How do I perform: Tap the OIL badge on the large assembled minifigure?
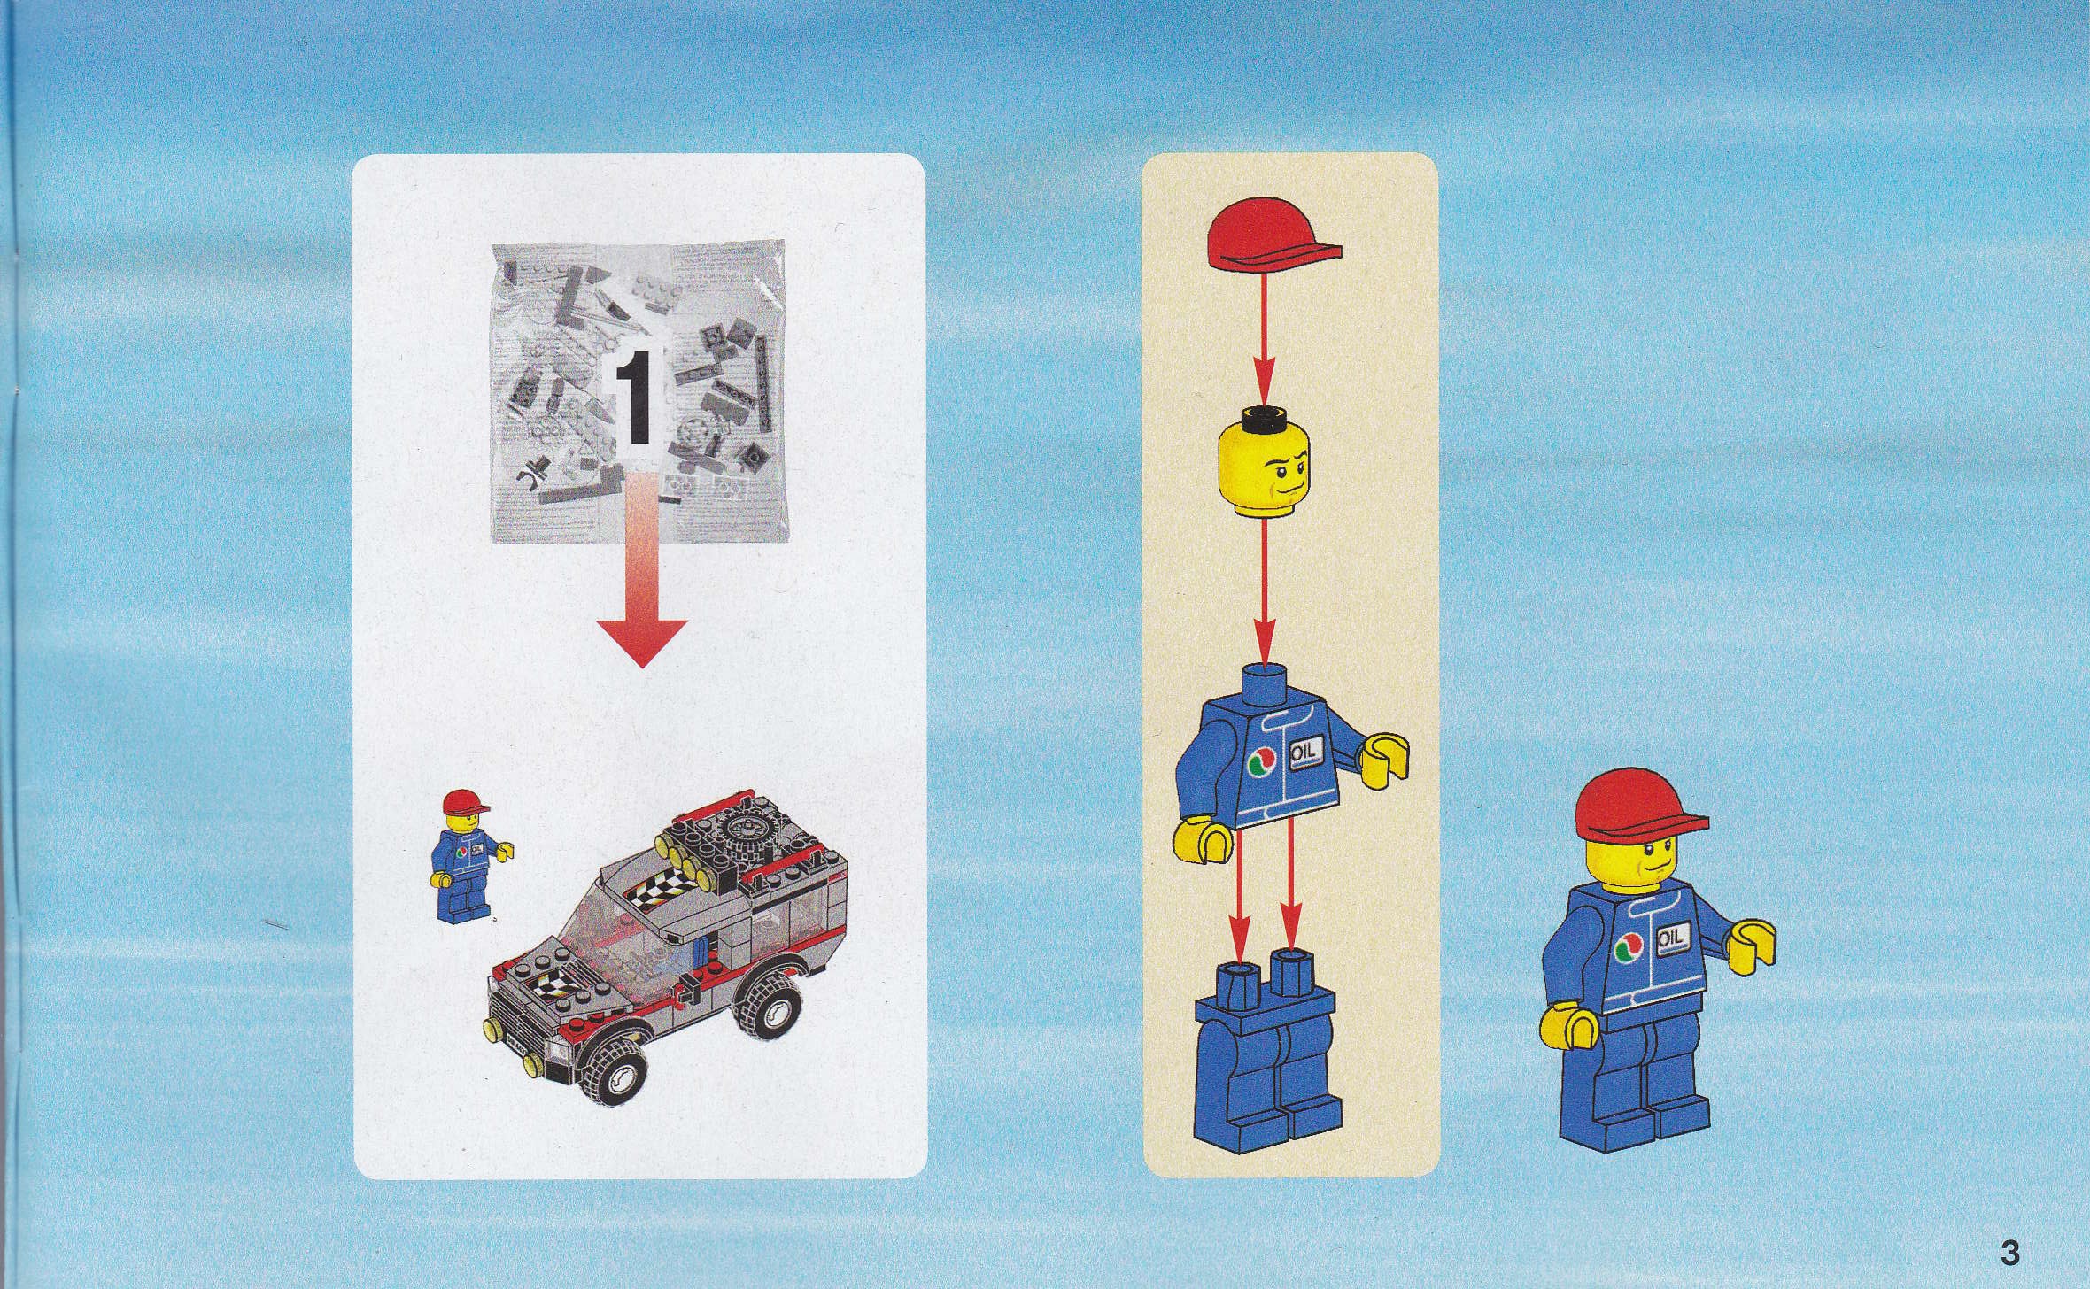click(x=1668, y=938)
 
